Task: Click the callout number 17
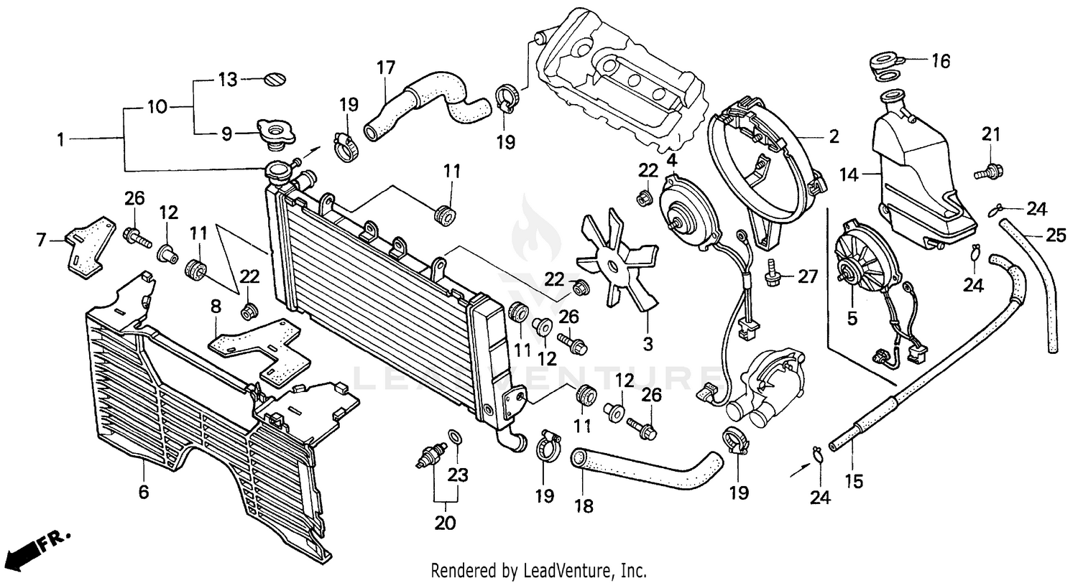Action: click(x=386, y=68)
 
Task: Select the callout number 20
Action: click(x=445, y=523)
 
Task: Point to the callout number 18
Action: click(x=584, y=506)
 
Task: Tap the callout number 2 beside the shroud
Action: click(x=833, y=136)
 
